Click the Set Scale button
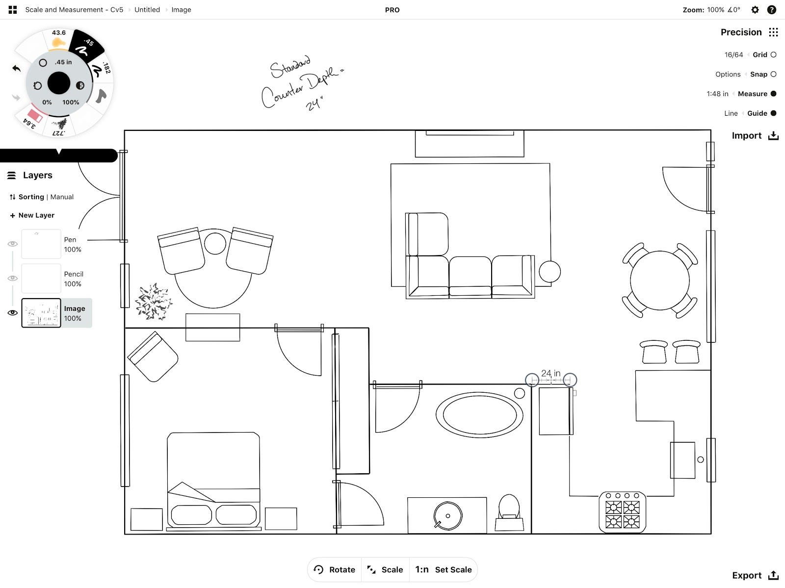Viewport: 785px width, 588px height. pyautogui.click(x=443, y=569)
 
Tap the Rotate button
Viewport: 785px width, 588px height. pyautogui.click(x=334, y=569)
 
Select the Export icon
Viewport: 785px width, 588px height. pyautogui.click(x=773, y=575)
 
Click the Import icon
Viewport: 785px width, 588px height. pyautogui.click(x=773, y=135)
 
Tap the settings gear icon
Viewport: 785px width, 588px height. pyautogui.click(x=755, y=10)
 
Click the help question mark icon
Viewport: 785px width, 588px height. pyautogui.click(x=772, y=10)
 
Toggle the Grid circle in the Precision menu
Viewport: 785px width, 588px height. pyautogui.click(x=774, y=55)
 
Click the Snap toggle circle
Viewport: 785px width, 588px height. pyautogui.click(x=774, y=75)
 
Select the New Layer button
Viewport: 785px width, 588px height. pyautogui.click(x=32, y=215)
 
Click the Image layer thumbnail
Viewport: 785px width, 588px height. pyautogui.click(x=41, y=313)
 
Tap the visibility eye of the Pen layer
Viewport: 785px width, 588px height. pyautogui.click(x=13, y=244)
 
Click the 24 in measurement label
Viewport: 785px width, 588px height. pyautogui.click(x=551, y=373)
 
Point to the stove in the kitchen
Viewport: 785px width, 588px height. pyautogui.click(x=622, y=512)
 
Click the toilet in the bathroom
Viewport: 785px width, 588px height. pyautogui.click(x=509, y=512)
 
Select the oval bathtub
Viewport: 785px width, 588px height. pyautogui.click(x=479, y=415)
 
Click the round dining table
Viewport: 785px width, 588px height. pyautogui.click(x=660, y=281)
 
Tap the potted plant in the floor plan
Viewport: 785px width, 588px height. pyautogui.click(x=154, y=301)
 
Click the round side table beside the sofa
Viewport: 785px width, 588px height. pyautogui.click(x=549, y=272)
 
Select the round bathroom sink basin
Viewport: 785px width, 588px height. pyautogui.click(x=448, y=515)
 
